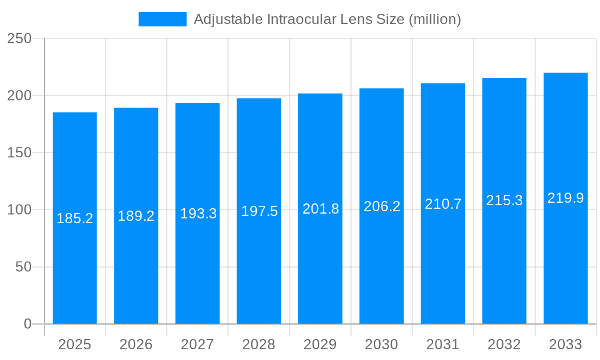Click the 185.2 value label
[75, 218]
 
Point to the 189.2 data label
[136, 216]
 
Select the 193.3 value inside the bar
[198, 214]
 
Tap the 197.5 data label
[259, 211]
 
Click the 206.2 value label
[382, 206]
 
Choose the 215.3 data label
[504, 200]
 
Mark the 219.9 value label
[565, 198]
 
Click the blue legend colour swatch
[163, 19]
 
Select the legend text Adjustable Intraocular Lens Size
[327, 19]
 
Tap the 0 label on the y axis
[27, 324]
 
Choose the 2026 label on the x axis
[136, 344]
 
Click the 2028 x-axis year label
[259, 344]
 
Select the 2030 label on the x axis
[382, 344]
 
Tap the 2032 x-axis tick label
[504, 344]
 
